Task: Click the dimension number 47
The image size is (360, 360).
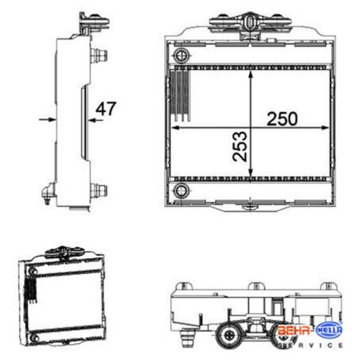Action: (106, 108)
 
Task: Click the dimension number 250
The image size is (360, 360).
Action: (282, 119)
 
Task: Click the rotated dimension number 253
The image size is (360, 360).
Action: (240, 146)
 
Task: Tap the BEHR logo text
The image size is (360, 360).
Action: (294, 330)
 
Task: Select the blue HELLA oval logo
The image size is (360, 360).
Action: (329, 330)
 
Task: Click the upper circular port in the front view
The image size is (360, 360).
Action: (182, 55)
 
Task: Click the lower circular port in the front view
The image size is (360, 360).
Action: (182, 191)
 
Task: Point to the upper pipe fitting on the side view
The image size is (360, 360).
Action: (99, 56)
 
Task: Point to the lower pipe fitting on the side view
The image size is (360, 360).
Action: (99, 191)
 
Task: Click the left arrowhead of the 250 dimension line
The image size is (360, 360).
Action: (175, 128)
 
